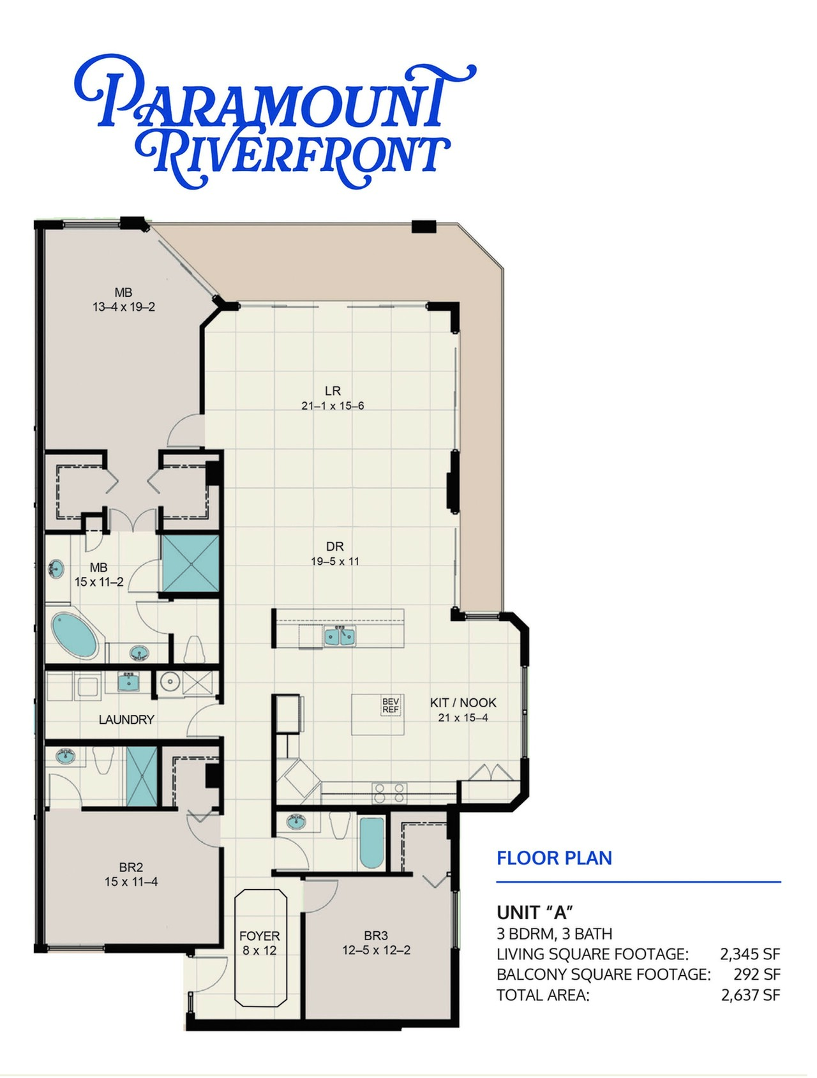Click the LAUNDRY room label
[126, 719]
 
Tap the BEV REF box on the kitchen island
[391, 705]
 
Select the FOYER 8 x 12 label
[260, 943]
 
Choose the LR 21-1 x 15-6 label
[333, 398]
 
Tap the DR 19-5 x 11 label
[335, 553]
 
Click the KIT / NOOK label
[463, 703]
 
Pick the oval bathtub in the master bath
[75, 636]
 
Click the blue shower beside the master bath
[191, 564]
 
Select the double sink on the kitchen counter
[340, 636]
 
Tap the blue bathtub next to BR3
[372, 842]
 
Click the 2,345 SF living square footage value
[750, 954]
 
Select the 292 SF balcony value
[757, 975]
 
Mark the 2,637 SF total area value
[751, 995]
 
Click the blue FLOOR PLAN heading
[554, 858]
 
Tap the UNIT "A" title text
[535, 913]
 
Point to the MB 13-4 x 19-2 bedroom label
[124, 299]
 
